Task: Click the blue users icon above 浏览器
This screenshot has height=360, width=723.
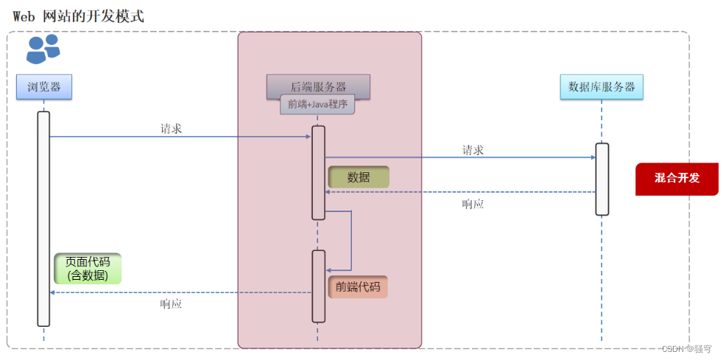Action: click(43, 49)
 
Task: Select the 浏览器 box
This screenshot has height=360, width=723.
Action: click(44, 87)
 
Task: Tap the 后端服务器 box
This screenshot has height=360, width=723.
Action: click(318, 86)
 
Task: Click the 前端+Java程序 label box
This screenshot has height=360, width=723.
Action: click(317, 105)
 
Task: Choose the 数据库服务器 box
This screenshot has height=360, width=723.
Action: click(602, 87)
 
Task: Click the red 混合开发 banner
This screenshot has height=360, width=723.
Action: click(677, 178)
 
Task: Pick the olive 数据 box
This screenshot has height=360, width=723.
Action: click(359, 177)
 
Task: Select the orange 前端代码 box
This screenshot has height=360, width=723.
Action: click(358, 287)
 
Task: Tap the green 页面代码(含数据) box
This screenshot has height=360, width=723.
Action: click(87, 269)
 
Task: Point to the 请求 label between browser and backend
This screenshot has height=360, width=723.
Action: click(172, 128)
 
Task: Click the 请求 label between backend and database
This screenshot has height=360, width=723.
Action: click(473, 150)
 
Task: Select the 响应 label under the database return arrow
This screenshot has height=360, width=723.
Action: click(473, 204)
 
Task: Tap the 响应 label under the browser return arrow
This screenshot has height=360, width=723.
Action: click(172, 303)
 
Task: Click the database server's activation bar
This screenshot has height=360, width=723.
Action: click(602, 179)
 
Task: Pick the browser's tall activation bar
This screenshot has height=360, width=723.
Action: click(43, 218)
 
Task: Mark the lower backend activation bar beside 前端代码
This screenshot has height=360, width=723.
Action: click(318, 286)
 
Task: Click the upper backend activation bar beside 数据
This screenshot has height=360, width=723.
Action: click(318, 172)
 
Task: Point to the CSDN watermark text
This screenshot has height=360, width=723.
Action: click(686, 349)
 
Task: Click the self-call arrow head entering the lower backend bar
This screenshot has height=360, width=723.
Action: click(328, 270)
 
